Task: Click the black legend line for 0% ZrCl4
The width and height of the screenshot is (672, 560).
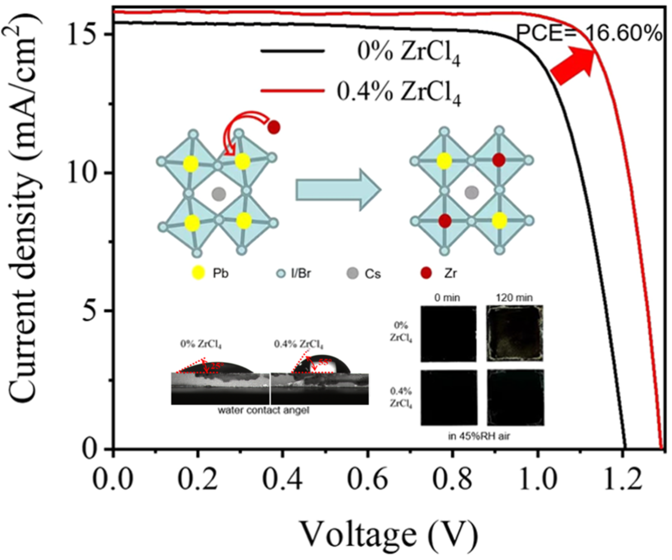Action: coord(292,51)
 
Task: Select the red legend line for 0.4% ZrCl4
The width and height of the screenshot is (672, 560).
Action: coord(292,91)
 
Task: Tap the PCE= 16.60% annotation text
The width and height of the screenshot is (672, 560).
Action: coord(588,33)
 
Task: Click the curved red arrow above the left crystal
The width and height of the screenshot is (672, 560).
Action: coord(240,129)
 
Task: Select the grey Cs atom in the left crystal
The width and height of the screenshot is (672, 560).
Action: coord(219,194)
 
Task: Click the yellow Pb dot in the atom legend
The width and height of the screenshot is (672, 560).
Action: coord(198,273)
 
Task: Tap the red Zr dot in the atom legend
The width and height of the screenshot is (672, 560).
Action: coord(426,273)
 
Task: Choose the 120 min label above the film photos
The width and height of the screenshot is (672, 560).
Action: coord(514,297)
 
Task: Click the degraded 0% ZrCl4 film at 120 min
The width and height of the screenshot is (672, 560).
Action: coord(515,333)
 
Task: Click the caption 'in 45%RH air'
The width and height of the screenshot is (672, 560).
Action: coord(479,436)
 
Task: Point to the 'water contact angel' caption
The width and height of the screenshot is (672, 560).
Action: coord(263,410)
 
